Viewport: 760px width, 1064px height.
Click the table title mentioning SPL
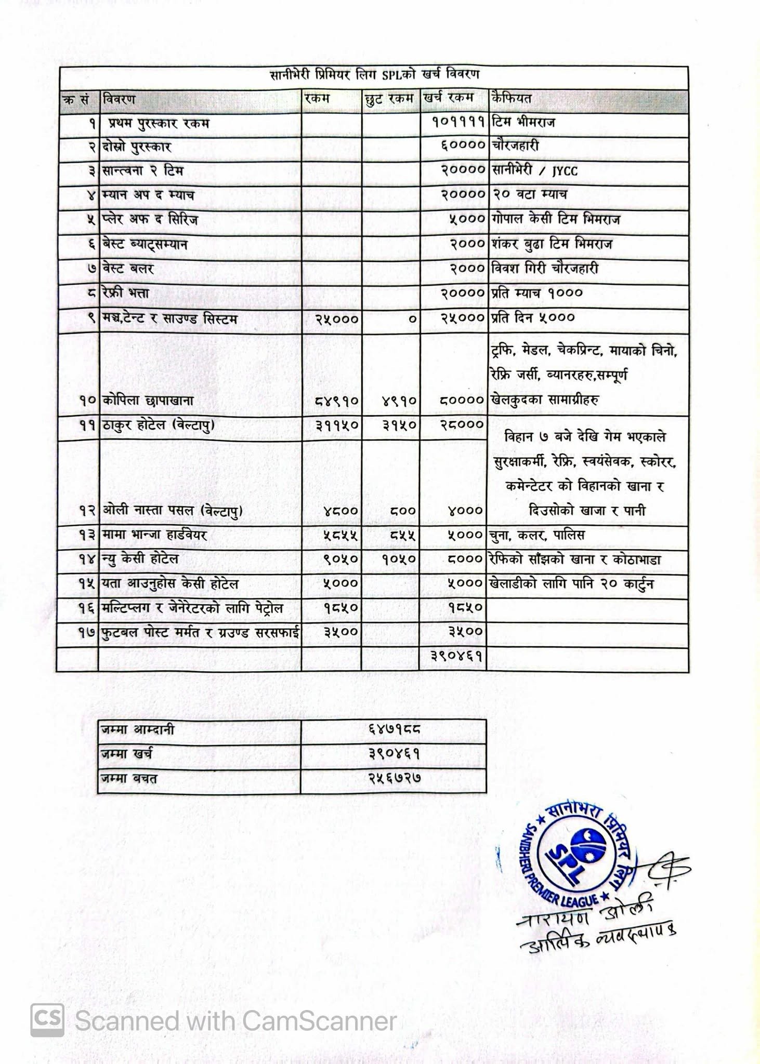click(x=374, y=75)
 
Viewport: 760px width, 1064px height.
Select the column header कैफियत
click(x=511, y=98)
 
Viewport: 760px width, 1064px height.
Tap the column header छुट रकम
click(x=389, y=99)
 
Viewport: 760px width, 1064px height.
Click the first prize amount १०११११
click(x=458, y=123)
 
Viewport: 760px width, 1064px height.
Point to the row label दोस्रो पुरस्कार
click(x=137, y=147)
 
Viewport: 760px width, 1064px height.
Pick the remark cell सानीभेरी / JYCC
click(x=534, y=171)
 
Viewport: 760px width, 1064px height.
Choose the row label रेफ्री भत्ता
click(x=126, y=293)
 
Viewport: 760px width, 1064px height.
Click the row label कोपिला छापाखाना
click(x=148, y=401)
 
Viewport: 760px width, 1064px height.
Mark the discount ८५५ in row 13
click(x=402, y=535)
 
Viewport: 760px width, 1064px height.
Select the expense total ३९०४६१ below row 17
click(x=457, y=656)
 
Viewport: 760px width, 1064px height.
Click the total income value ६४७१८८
click(x=394, y=730)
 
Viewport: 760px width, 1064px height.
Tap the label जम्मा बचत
click(x=129, y=779)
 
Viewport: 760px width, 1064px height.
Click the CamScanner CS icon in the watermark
click(x=47, y=1020)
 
